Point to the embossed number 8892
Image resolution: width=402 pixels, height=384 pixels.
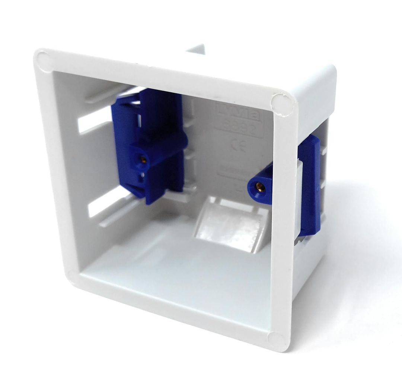click(239, 129)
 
